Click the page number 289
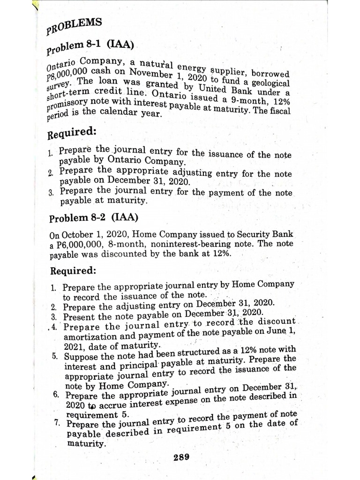tap(181, 457)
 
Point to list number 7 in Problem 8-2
tap(56, 423)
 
